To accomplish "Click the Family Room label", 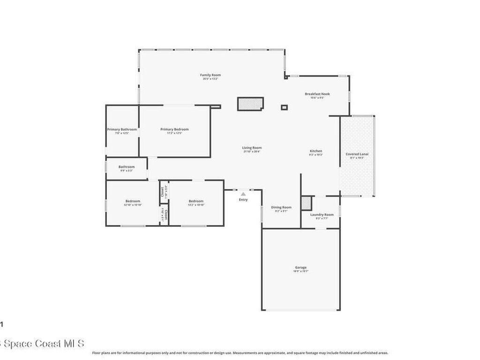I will click(210, 75).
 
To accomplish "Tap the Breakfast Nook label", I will click(317, 94).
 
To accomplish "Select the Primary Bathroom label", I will click(122, 129).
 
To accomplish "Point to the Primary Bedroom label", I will click(174, 129).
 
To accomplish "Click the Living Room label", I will click(252, 148).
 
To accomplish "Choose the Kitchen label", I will click(315, 151).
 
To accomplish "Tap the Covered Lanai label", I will click(357, 154).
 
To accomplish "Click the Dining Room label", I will click(281, 207).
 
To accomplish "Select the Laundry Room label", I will click(322, 215).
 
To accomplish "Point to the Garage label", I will click(300, 267).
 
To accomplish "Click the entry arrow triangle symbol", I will click(243, 194).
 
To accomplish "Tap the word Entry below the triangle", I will click(243, 200).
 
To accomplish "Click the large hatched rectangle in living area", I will click(250, 104).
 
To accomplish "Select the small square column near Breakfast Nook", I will click(284, 107).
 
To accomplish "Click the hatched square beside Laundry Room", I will click(306, 203).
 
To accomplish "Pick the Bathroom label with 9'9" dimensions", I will click(127, 166).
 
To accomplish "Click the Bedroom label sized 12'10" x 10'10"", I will click(133, 201).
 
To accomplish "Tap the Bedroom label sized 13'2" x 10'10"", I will click(196, 201).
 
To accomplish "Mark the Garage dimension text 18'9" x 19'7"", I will click(300, 271).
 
